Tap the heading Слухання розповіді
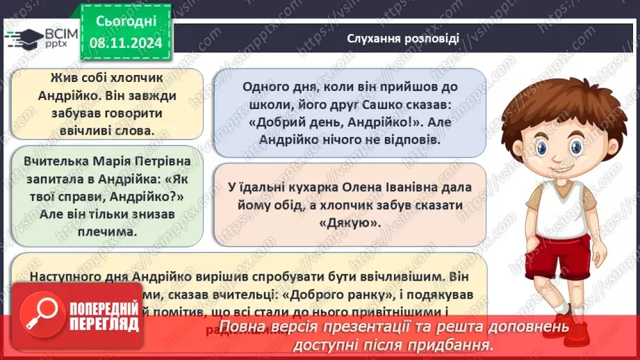pos(403,38)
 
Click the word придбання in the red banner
pos(452,344)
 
